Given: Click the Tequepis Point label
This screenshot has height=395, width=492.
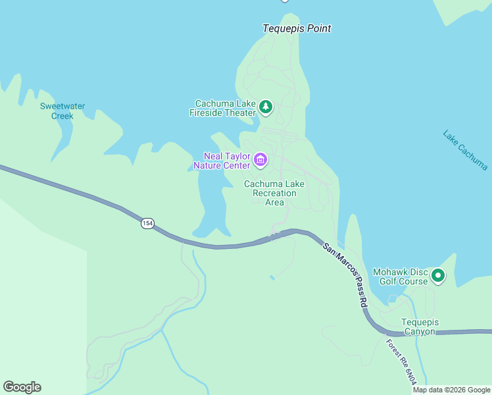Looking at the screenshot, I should pos(297,28).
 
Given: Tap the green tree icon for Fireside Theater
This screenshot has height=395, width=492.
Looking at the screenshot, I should pos(266,107).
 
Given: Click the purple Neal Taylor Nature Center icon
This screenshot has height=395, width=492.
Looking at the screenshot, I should pos(261,160).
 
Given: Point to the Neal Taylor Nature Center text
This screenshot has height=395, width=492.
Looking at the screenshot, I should pos(226,161).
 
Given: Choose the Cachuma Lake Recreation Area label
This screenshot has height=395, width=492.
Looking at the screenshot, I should pos(274,193).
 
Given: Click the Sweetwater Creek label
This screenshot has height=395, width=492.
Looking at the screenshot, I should pos(62,111).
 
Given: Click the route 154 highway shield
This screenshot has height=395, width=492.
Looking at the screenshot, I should pos(147,224).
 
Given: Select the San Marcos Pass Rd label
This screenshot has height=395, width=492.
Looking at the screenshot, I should pos(345,275).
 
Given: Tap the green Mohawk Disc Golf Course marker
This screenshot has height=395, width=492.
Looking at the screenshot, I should pos(438,276).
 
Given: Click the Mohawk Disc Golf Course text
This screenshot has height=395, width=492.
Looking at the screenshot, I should pos(400,276).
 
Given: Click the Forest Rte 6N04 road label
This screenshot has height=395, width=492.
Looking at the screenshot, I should pos(402,362).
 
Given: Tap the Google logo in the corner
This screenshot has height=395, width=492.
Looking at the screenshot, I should pos(22,387).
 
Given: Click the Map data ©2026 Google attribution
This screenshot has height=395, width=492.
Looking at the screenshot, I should pos(451,390).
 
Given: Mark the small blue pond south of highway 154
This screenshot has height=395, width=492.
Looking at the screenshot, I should pos(272,278).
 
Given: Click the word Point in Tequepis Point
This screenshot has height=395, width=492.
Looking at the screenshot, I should pos(318,28).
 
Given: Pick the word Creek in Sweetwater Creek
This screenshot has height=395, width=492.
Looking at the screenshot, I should pos(62,116).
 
